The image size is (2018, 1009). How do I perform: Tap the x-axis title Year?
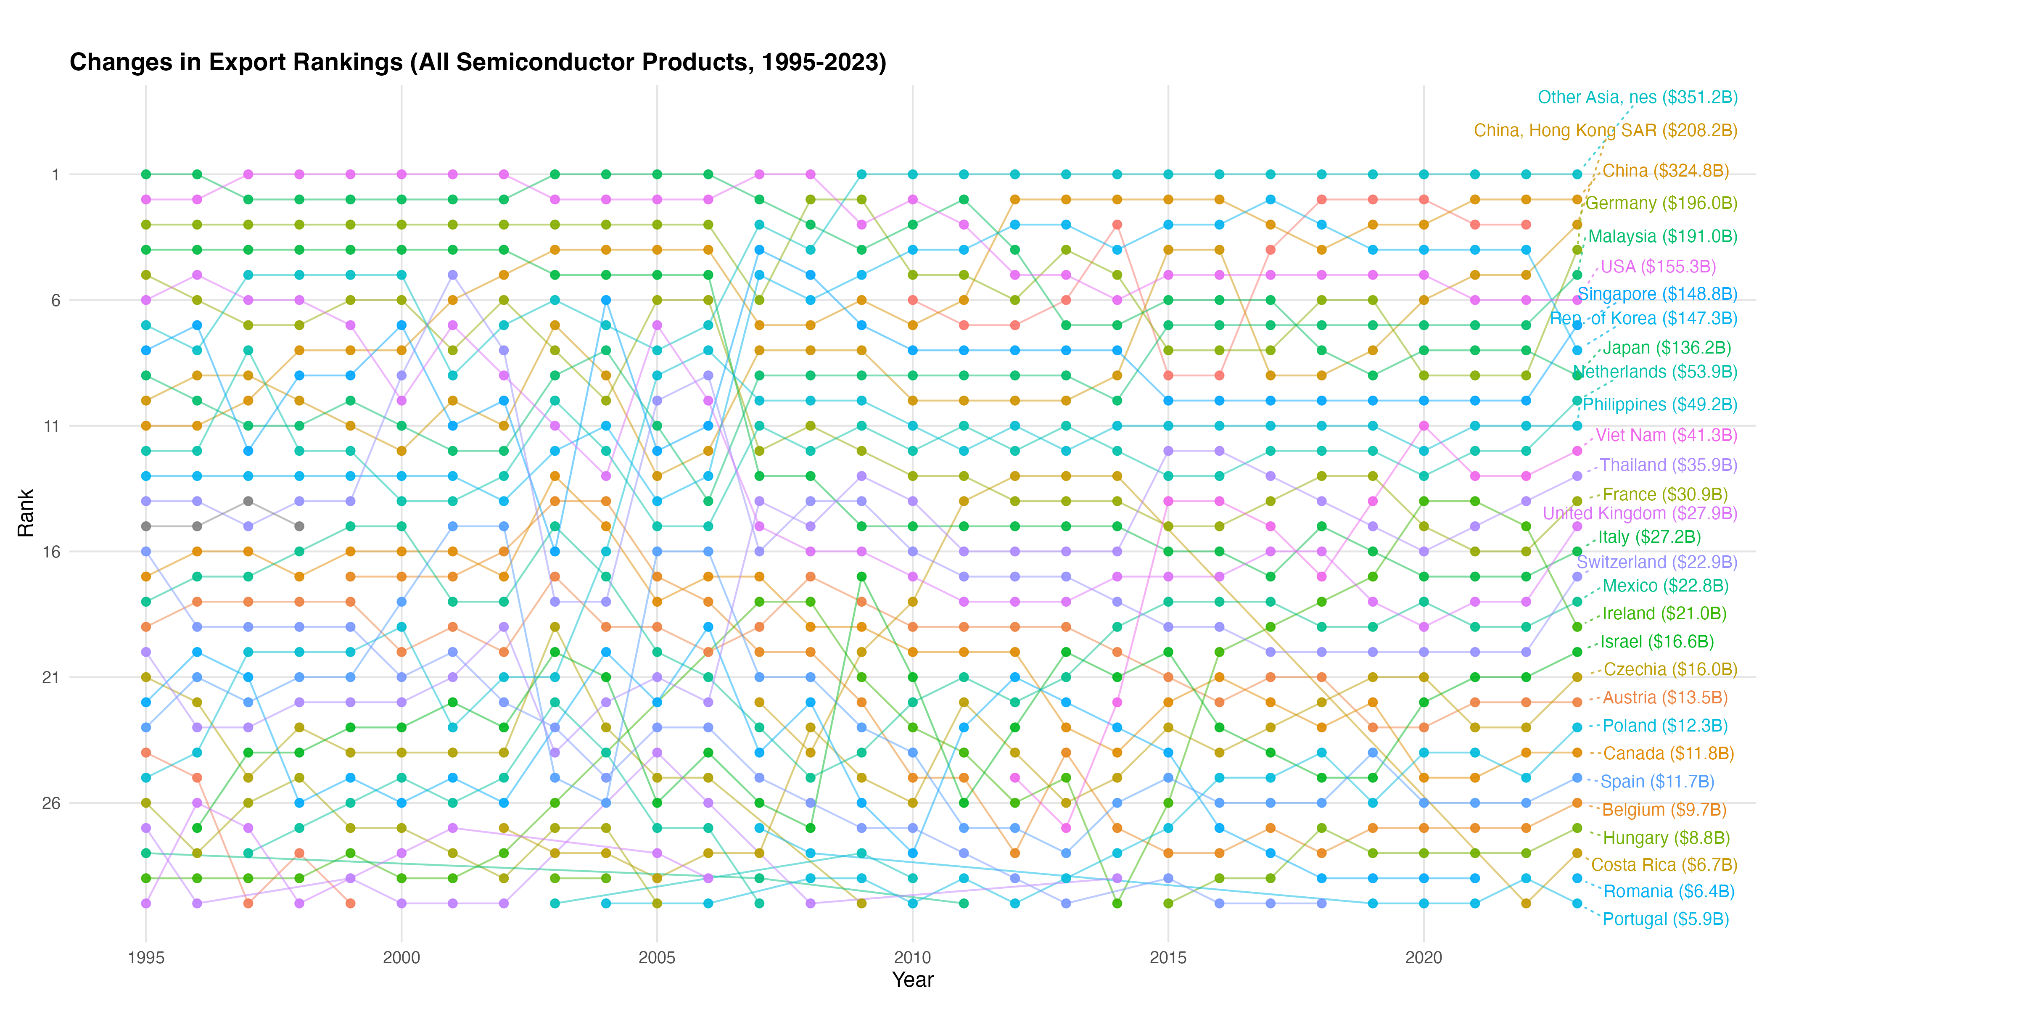tap(913, 979)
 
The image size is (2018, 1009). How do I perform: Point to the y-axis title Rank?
tap(26, 513)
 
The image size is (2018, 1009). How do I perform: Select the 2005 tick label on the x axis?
tap(656, 957)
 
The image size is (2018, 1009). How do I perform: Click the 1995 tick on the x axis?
tap(146, 957)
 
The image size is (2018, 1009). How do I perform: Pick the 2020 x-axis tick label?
tap(1424, 957)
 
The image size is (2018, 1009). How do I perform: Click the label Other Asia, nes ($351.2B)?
tap(1637, 97)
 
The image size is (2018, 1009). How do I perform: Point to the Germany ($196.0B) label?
tap(1661, 203)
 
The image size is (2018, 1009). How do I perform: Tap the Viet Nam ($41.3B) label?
tap(1666, 436)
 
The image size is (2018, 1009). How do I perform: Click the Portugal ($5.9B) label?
tap(1665, 919)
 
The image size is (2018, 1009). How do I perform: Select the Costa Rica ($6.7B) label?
tap(1664, 865)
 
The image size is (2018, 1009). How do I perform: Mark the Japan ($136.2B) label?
tap(1666, 348)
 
